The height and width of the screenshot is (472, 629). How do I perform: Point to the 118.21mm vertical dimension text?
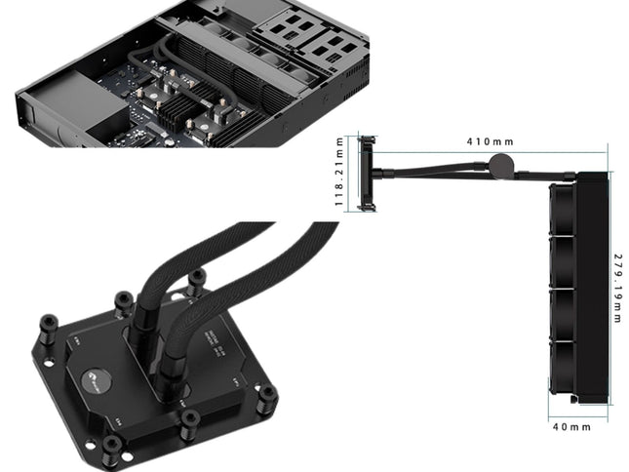click(x=339, y=173)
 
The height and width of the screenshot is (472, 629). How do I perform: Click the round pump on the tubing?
click(x=502, y=164)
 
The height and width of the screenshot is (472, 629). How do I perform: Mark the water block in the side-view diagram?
click(x=367, y=173)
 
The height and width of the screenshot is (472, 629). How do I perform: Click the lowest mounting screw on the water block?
click(x=111, y=448)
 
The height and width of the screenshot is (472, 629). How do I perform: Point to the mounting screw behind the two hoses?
click(x=196, y=279)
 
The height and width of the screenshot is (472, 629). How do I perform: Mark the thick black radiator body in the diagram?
click(x=591, y=289)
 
